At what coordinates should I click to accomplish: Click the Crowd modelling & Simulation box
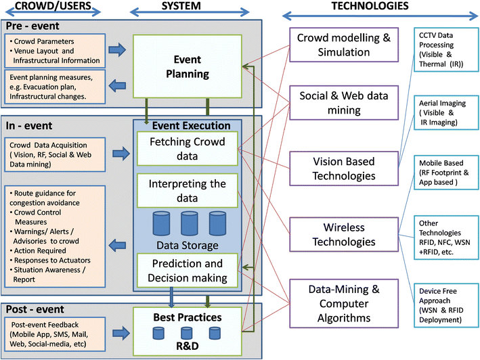click(343, 44)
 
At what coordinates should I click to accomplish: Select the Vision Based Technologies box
click(343, 168)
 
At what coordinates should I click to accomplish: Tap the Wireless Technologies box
click(343, 233)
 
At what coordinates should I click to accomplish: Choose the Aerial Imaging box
click(443, 112)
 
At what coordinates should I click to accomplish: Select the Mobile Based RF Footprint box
click(443, 175)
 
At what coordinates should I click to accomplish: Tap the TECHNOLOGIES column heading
click(370, 7)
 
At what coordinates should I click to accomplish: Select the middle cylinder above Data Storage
click(188, 222)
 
